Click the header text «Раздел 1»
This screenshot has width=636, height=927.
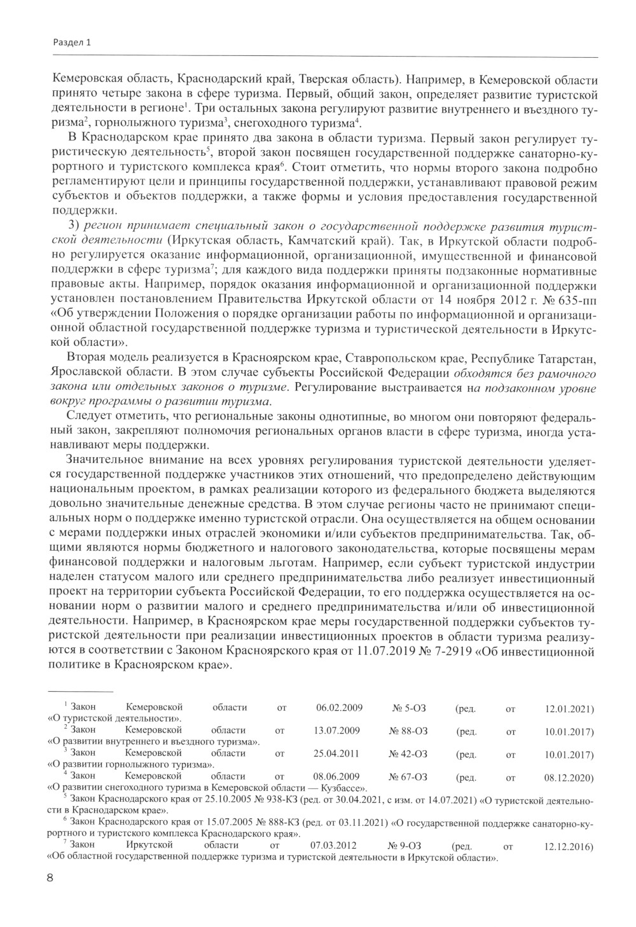(x=69, y=43)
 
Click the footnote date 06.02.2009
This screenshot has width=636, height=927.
(x=339, y=708)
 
